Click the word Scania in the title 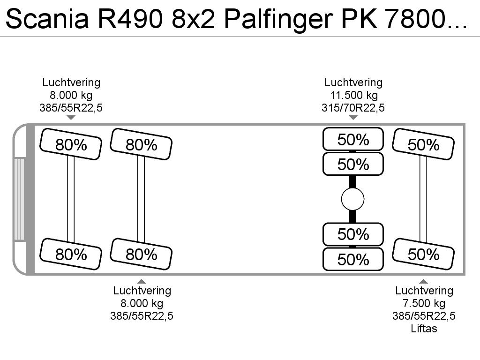(47, 19)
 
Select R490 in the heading (130, 19)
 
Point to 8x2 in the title (193, 19)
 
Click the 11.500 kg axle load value (354, 95)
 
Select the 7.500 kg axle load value (424, 303)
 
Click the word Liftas (424, 329)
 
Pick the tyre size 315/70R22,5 (353, 108)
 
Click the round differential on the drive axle (352, 199)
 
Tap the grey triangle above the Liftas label (423, 281)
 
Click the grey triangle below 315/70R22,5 (353, 118)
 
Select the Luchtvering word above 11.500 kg (353, 82)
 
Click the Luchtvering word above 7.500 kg (424, 291)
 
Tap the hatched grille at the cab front (19, 199)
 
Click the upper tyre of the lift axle (423, 144)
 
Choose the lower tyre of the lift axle (423, 254)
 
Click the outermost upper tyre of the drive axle (353, 139)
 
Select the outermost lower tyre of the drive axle (353, 259)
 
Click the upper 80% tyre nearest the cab (71, 144)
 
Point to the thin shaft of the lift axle (423, 199)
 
